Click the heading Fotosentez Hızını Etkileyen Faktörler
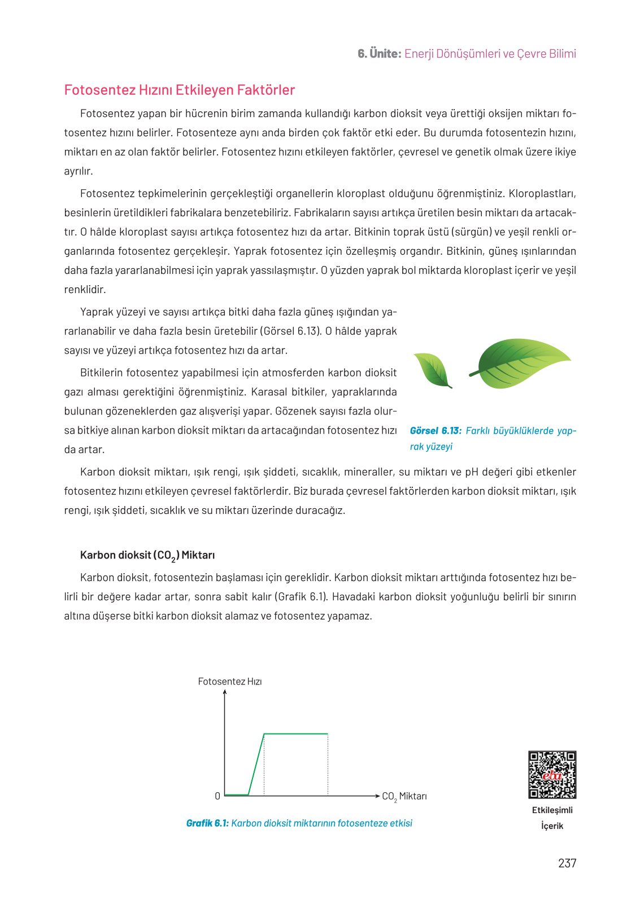click(180, 90)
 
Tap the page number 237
click(567, 863)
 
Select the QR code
click(552, 775)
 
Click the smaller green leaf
click(432, 370)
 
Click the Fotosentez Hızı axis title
click(230, 682)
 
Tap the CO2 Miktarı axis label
click(404, 796)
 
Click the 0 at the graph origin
click(217, 796)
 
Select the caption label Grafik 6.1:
click(207, 823)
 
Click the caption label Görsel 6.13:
click(436, 431)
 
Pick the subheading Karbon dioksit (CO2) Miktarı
click(147, 555)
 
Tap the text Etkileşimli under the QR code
click(552, 810)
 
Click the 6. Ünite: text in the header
click(380, 54)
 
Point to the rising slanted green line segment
click(256, 765)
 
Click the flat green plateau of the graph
click(296, 734)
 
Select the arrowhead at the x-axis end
click(377, 796)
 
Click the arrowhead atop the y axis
click(225, 693)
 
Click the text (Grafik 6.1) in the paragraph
click(301, 597)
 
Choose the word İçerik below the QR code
click(552, 826)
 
